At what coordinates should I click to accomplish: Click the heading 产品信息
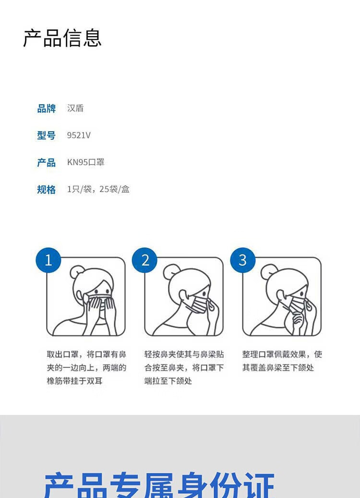62,38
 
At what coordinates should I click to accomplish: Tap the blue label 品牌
47,109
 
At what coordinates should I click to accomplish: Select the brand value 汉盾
75,108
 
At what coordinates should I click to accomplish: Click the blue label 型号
47,135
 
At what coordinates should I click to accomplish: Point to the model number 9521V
79,135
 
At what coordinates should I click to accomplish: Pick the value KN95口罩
86,162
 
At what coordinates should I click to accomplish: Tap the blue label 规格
47,189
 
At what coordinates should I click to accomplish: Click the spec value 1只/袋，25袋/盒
98,189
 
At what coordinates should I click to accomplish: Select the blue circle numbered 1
48,260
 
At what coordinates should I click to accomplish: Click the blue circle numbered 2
145,260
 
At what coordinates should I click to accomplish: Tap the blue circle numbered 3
243,260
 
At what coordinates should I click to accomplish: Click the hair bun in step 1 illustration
77,272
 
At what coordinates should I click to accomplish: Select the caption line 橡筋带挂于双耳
74,381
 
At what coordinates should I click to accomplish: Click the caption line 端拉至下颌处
168,381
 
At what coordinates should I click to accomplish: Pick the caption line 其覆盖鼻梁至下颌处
278,367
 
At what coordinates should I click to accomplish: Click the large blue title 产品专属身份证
159,486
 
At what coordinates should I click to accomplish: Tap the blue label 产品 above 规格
47,163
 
